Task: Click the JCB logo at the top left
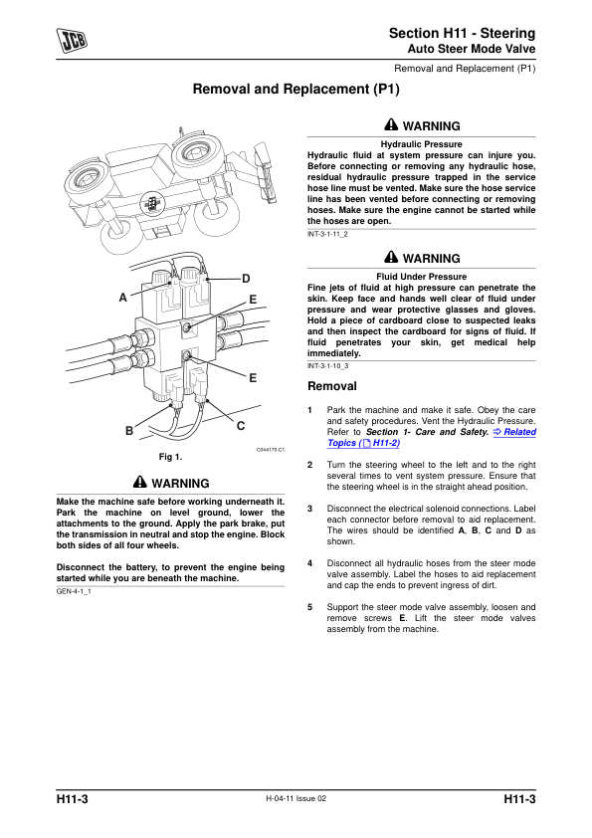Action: pyautogui.click(x=72, y=41)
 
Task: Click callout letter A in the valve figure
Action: pyautogui.click(x=123, y=298)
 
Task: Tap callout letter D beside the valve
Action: pyautogui.click(x=246, y=279)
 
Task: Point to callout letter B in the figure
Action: pyautogui.click(x=129, y=431)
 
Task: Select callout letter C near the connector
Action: pyautogui.click(x=241, y=426)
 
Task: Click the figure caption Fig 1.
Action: pyautogui.click(x=170, y=457)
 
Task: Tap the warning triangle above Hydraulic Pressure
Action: pyautogui.click(x=391, y=125)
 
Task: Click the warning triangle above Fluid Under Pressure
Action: pyautogui.click(x=391, y=257)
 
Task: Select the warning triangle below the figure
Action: pyautogui.click(x=140, y=482)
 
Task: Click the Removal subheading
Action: pyautogui.click(x=331, y=386)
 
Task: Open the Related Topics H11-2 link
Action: pyautogui.click(x=432, y=438)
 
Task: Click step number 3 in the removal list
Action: pyautogui.click(x=309, y=509)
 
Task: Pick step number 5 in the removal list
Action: pyautogui.click(x=309, y=607)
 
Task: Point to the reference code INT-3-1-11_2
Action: pyautogui.click(x=327, y=234)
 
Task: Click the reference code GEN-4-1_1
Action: pyautogui.click(x=74, y=591)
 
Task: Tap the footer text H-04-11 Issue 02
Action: pyautogui.click(x=296, y=798)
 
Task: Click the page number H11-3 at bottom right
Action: pyautogui.click(x=519, y=799)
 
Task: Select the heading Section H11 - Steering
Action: pyautogui.click(x=463, y=33)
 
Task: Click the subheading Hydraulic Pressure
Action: pyautogui.click(x=422, y=144)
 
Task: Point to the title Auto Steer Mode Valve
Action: pyautogui.click(x=472, y=49)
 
